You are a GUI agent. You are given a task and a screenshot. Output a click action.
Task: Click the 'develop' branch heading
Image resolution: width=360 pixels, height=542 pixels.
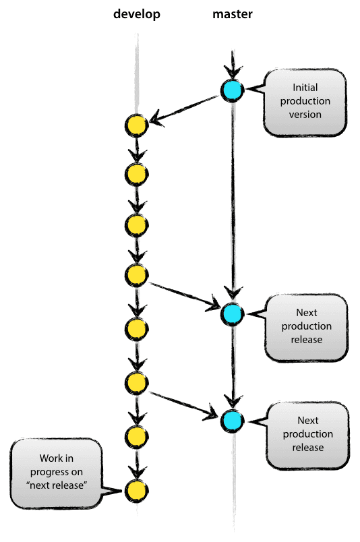pyautogui.click(x=137, y=14)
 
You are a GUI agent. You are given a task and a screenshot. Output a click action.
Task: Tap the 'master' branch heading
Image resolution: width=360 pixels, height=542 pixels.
pyautogui.click(x=232, y=14)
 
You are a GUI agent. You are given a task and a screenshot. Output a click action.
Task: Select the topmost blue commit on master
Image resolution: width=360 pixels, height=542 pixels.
pyautogui.click(x=232, y=89)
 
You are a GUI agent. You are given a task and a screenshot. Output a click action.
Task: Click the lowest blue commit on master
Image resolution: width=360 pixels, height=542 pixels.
pyautogui.click(x=232, y=420)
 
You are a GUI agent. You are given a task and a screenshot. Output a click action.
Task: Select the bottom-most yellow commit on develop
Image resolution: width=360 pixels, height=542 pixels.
pyautogui.click(x=136, y=489)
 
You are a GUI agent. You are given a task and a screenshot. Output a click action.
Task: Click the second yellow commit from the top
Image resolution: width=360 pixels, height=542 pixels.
pyautogui.click(x=136, y=175)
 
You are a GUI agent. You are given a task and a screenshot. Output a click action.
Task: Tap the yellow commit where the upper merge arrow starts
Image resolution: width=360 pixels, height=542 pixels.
pyautogui.click(x=136, y=274)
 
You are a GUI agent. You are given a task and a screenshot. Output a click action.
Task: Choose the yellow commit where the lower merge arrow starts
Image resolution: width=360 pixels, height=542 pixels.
pyautogui.click(x=136, y=383)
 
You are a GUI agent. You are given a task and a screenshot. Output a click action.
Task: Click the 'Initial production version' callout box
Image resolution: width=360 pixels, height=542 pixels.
pyautogui.click(x=307, y=101)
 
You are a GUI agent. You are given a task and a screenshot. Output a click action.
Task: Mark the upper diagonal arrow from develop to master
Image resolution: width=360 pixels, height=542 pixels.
pyautogui.click(x=182, y=294)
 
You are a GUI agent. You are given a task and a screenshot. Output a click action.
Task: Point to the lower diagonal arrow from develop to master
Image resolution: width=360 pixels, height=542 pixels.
pyautogui.click(x=182, y=402)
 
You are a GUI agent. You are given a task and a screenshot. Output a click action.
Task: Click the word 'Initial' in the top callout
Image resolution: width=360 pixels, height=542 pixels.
pyautogui.click(x=306, y=88)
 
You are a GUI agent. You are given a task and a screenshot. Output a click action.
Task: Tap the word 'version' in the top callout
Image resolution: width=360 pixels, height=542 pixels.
pyautogui.click(x=306, y=114)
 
